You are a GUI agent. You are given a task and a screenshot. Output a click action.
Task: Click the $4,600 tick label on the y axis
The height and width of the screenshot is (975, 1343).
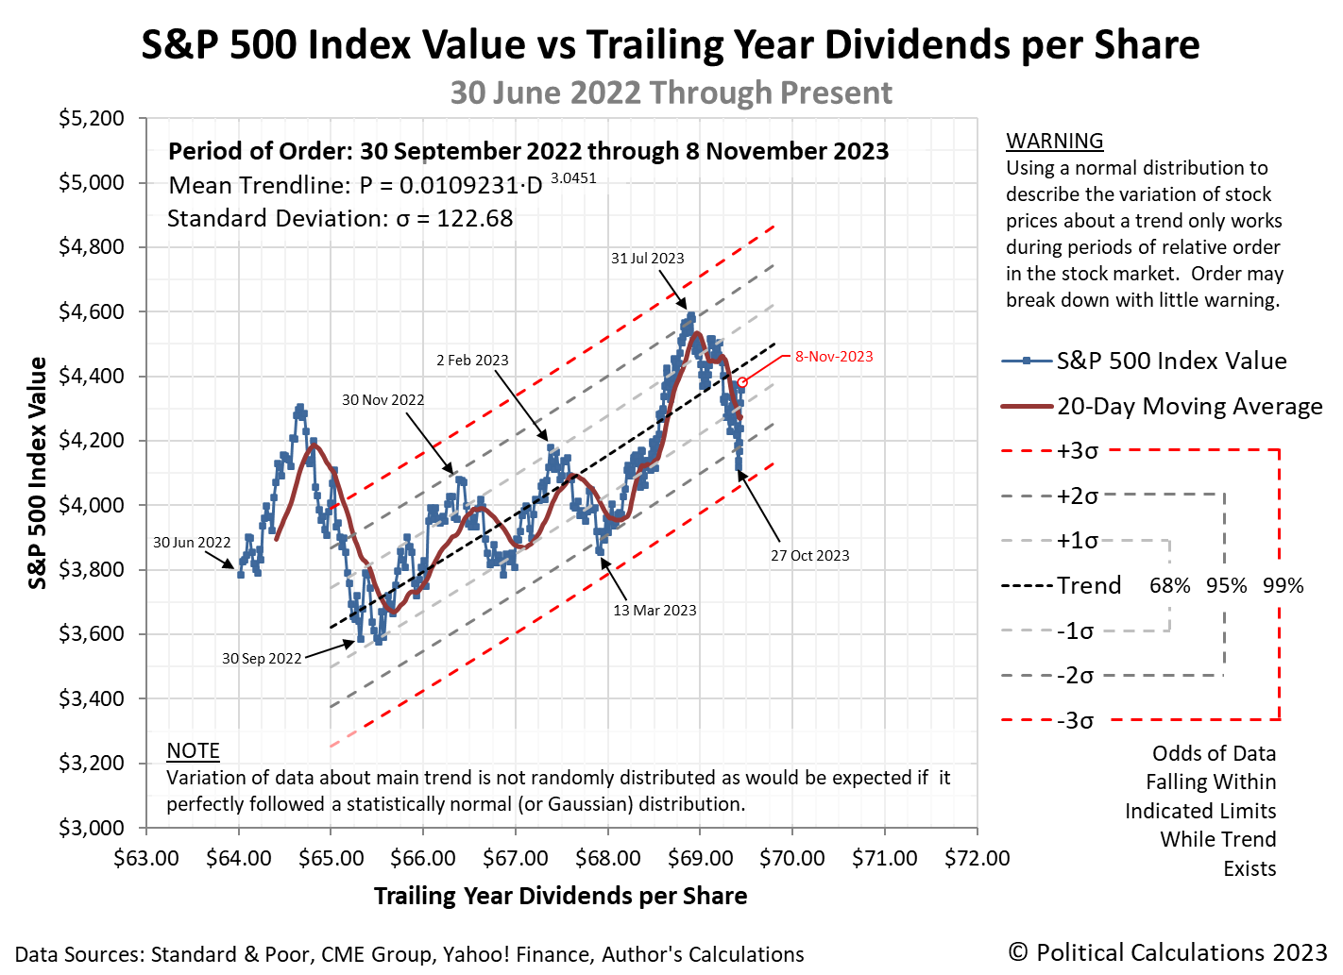[x=91, y=312]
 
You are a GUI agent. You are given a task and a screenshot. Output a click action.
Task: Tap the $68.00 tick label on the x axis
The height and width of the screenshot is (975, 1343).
[x=607, y=859]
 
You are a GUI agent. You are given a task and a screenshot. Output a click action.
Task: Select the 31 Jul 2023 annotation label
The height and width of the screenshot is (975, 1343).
[x=647, y=259]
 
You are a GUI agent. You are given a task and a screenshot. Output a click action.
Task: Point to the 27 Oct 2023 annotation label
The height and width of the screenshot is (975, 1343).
[x=809, y=556]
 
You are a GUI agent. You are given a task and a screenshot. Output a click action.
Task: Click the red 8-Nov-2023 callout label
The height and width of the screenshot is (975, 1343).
[x=834, y=357]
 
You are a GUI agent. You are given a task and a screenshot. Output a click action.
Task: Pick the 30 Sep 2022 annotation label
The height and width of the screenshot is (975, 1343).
[x=262, y=659]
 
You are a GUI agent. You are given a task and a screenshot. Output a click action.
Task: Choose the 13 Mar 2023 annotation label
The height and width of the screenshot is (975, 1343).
[x=654, y=611]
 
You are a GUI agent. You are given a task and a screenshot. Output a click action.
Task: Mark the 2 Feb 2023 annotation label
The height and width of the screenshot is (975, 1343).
[x=472, y=361]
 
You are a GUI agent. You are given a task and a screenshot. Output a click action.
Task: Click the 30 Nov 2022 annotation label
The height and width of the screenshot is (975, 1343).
[x=382, y=400]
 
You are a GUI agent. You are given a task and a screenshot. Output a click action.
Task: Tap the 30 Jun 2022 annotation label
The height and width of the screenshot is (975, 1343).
[x=192, y=543]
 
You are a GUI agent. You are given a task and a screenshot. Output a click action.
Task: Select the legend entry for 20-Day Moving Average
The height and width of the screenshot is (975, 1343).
[x=1189, y=407]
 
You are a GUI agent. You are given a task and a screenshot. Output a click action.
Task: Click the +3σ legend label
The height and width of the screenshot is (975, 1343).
[x=1077, y=451]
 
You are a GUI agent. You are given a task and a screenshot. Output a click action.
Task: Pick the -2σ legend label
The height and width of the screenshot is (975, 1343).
[x=1075, y=676]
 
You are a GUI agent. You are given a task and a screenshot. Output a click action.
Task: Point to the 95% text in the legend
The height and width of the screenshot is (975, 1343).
[x=1226, y=586]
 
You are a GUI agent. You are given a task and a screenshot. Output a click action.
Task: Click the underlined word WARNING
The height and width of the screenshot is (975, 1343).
[x=1054, y=141]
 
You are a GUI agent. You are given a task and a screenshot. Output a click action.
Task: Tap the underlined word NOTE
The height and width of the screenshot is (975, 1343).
[x=193, y=750]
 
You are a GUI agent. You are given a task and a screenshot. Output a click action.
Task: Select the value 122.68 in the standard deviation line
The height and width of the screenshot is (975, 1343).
[x=474, y=219]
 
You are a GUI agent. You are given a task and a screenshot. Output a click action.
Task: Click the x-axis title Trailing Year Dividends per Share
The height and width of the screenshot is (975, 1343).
[x=560, y=897]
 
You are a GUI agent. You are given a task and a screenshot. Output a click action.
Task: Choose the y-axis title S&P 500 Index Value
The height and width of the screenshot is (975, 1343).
[x=38, y=473]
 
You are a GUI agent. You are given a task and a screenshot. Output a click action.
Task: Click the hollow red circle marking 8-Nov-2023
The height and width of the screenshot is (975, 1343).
[x=742, y=382]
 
